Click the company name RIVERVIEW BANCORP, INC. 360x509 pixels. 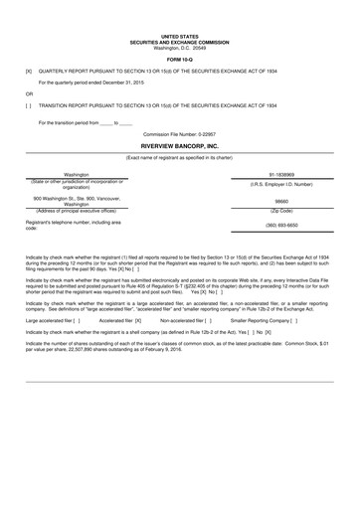click(x=180, y=146)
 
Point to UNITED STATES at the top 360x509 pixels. click(x=180, y=36)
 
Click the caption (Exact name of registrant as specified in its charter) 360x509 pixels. click(x=180, y=156)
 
